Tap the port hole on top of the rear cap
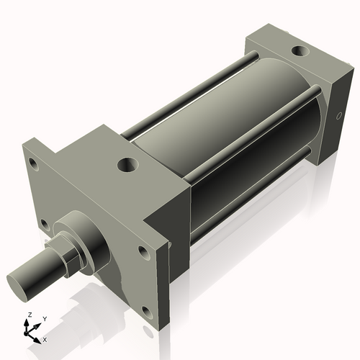coord(299,53)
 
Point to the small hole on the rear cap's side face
coord(338,115)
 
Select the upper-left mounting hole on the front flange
coord(33,163)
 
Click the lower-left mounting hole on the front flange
coord(45,223)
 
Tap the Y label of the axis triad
coord(44,318)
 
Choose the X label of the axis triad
coord(45,338)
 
